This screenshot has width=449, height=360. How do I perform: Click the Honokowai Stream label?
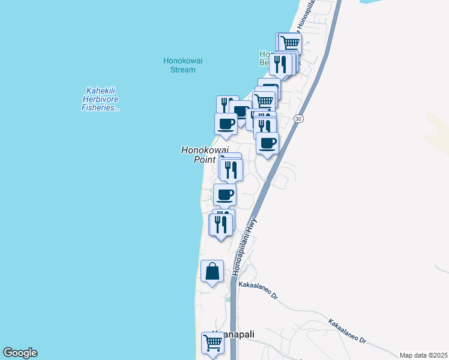coord(179,65)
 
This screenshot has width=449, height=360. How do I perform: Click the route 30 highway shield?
coord(298,119)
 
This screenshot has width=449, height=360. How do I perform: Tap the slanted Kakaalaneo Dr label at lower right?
coord(347,331)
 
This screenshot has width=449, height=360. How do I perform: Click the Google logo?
coord(20,353)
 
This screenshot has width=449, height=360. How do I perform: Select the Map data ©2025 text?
coord(423,355)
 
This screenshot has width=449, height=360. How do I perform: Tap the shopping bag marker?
coord(212,271)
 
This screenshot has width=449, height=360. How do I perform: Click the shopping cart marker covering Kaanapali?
coord(213,343)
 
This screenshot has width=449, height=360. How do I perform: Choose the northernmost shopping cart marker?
coord(290,43)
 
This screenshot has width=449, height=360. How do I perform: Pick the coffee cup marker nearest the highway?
coord(268,143)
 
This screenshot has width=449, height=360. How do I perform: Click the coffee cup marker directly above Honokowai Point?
coord(226,124)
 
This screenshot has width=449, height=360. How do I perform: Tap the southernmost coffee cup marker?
coord(225,195)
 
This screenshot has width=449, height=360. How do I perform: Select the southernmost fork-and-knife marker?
coord(220,225)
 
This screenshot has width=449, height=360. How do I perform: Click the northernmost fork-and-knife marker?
coord(280,64)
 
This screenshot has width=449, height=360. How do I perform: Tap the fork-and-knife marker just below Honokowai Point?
coord(231,170)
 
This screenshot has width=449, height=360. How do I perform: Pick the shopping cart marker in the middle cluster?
coord(264,101)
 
